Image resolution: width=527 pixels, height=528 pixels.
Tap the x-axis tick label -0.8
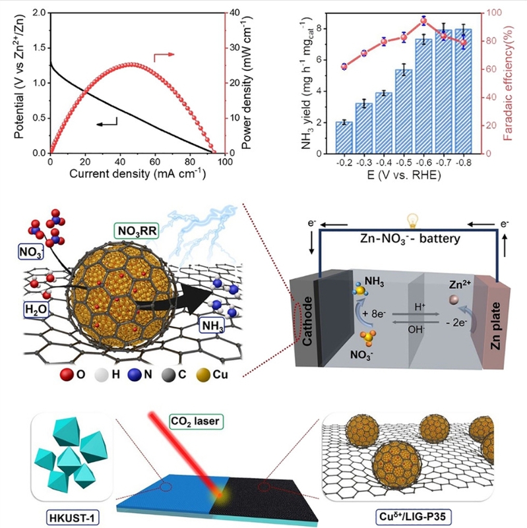point(463,162)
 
